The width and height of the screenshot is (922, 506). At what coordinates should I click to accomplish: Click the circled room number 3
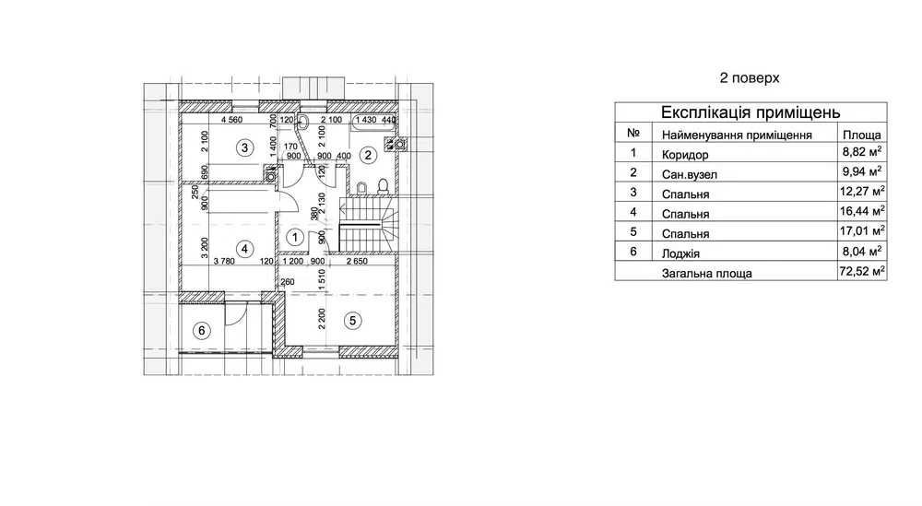tap(244, 147)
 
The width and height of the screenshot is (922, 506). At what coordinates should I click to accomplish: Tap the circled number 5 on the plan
tap(353, 321)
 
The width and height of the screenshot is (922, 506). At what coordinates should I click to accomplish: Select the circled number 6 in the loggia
tap(202, 330)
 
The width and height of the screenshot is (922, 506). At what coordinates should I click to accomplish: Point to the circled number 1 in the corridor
tap(295, 237)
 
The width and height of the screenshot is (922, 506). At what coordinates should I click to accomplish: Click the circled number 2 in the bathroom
tap(368, 155)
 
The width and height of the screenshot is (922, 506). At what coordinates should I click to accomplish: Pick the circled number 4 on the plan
tap(244, 249)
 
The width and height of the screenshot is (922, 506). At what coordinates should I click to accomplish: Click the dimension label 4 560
tap(231, 120)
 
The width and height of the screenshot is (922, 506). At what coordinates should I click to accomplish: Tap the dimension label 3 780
tap(224, 261)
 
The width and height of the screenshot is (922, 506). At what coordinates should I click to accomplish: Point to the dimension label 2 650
tap(357, 261)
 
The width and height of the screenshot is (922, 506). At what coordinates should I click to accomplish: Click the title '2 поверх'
tap(750, 78)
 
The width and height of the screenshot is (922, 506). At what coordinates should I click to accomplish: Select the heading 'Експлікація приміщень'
tap(751, 112)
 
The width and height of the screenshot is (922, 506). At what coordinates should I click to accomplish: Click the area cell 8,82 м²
tap(862, 152)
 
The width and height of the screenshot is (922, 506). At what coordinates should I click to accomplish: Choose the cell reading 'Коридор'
tap(685, 155)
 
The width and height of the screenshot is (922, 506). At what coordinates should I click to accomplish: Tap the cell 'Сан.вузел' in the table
tap(689, 174)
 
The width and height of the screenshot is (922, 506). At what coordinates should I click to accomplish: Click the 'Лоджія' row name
tap(680, 253)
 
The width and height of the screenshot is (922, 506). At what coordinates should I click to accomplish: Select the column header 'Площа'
tap(862, 135)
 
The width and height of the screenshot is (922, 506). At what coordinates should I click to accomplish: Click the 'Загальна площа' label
tap(707, 273)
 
